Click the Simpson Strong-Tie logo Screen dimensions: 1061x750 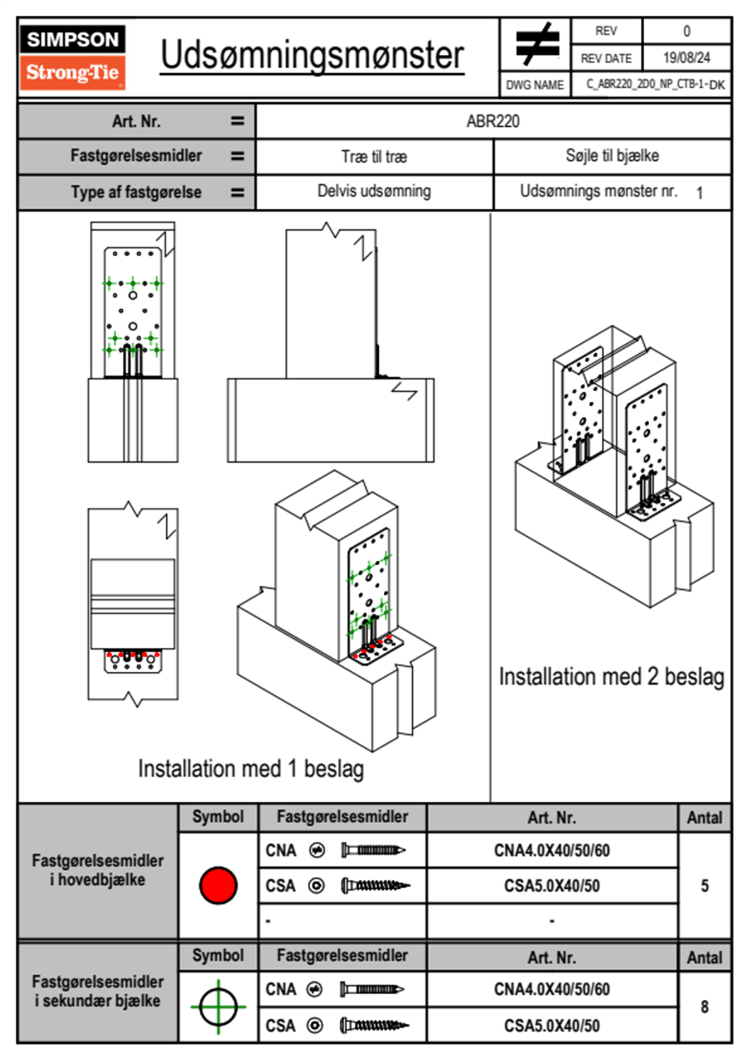[x=72, y=57]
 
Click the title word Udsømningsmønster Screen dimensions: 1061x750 [x=312, y=56]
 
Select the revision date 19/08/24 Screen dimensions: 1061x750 [x=686, y=58]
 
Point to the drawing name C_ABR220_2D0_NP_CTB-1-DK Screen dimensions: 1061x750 [x=655, y=85]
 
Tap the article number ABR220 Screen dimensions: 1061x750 [x=493, y=122]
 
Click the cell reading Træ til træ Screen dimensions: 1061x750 [x=374, y=156]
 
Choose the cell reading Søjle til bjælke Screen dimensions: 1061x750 [x=612, y=156]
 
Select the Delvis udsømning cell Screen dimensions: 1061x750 [x=374, y=191]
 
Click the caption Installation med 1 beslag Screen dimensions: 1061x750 [x=251, y=769]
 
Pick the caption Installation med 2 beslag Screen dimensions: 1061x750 [x=611, y=677]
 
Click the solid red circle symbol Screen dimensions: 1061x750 [x=218, y=885]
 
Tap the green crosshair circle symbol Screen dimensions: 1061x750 [x=218, y=1007]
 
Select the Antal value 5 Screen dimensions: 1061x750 [x=705, y=886]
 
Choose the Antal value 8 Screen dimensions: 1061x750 [x=705, y=1007]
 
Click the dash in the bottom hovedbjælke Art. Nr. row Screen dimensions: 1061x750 [x=552, y=921]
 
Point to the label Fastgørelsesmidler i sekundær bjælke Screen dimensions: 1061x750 [x=98, y=991]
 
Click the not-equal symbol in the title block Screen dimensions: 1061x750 [x=536, y=44]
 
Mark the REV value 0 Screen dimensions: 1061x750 [x=686, y=31]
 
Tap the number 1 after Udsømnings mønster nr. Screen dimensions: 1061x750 [x=700, y=193]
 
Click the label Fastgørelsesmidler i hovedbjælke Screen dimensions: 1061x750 [x=98, y=870]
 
